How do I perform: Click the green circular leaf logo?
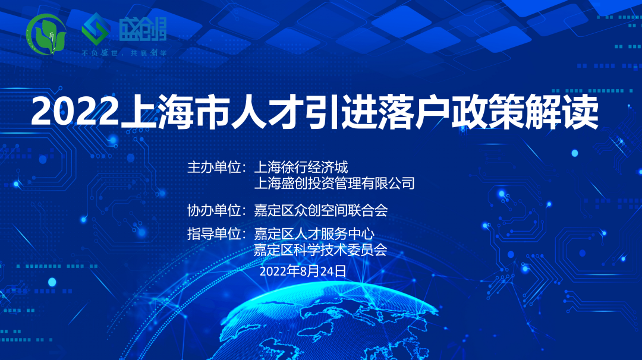[x=46, y=34]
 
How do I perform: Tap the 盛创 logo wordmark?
[x=143, y=30]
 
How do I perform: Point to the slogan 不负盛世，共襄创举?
[x=124, y=53]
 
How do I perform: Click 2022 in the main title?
[x=75, y=112]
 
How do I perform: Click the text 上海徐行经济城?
[x=301, y=168]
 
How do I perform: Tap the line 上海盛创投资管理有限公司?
[x=335, y=183]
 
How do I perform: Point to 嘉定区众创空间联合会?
[x=320, y=210]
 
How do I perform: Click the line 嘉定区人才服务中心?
[x=314, y=234]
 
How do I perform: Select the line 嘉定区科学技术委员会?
[x=320, y=250]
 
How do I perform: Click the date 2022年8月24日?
[x=303, y=271]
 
